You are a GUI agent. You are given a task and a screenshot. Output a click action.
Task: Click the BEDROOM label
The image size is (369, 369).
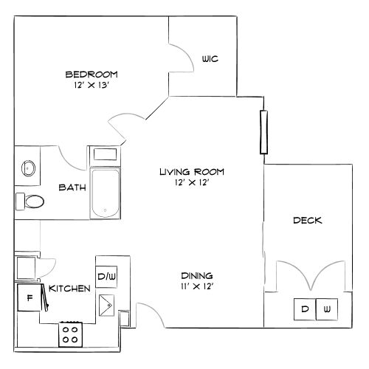click(x=92, y=75)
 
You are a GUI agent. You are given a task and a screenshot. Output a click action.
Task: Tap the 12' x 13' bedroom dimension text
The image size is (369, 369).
click(x=92, y=86)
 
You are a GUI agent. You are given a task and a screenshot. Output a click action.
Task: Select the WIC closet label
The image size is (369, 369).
click(x=210, y=60)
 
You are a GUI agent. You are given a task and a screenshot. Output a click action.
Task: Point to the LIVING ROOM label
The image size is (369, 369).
click(x=191, y=171)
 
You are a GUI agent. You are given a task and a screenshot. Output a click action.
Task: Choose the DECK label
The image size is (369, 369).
click(x=306, y=220)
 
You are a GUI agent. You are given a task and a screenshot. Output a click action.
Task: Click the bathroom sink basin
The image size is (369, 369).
click(x=29, y=168)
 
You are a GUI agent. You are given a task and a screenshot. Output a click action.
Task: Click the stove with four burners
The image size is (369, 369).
click(x=72, y=334)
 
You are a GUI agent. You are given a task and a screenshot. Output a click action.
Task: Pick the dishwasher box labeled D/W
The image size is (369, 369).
click(x=106, y=277)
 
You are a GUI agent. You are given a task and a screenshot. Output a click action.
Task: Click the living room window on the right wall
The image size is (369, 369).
click(x=262, y=132)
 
